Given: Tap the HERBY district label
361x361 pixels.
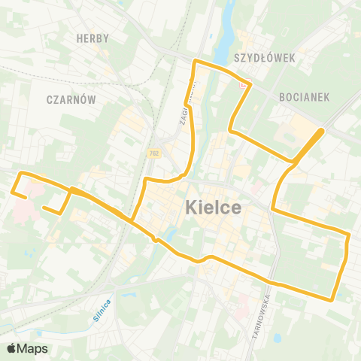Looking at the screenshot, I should click(x=93, y=38).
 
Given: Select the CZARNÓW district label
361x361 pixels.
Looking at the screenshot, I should click(x=68, y=99).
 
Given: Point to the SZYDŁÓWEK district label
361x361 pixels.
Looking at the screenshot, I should click(x=265, y=57).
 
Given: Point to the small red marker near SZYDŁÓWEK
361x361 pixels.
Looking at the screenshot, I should click(x=241, y=86).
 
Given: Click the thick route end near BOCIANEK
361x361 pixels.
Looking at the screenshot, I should click(x=321, y=131).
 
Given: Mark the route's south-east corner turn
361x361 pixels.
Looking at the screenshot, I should click(x=331, y=299).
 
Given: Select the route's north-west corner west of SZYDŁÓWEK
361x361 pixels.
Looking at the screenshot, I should click(x=196, y=60).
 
